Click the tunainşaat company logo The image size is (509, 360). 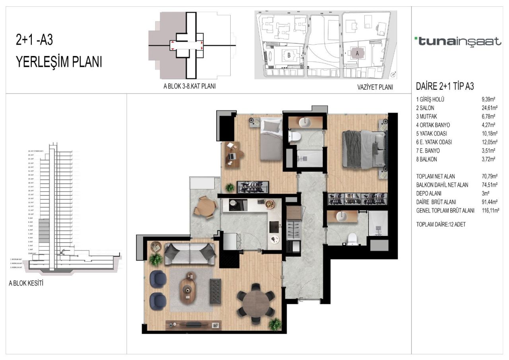(x=458, y=41)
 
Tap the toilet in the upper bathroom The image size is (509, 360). (x=295, y=136)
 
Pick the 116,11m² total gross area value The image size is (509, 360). (x=490, y=210)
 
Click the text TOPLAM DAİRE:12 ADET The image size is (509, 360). (x=441, y=224)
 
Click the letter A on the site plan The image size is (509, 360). (x=357, y=52)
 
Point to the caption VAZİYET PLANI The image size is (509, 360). (x=375, y=87)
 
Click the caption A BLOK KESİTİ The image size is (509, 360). (x=26, y=284)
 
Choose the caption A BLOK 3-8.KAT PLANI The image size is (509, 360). (x=189, y=86)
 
